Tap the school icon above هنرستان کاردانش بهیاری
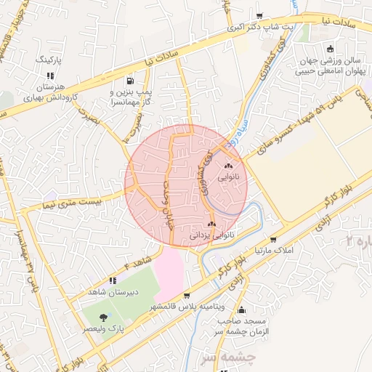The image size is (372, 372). (49, 75)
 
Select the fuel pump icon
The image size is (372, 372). (130, 81)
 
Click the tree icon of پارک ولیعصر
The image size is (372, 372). (103, 318)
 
